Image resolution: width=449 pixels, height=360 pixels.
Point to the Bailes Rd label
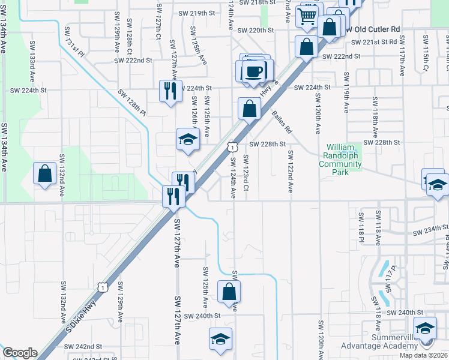(281, 121)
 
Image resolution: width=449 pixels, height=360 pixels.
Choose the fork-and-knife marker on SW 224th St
(170, 91)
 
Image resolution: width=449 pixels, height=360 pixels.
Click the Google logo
(20, 353)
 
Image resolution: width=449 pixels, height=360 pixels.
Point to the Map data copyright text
(423, 355)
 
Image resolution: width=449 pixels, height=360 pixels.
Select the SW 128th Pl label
(132, 103)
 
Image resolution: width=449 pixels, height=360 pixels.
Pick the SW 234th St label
(430, 229)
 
